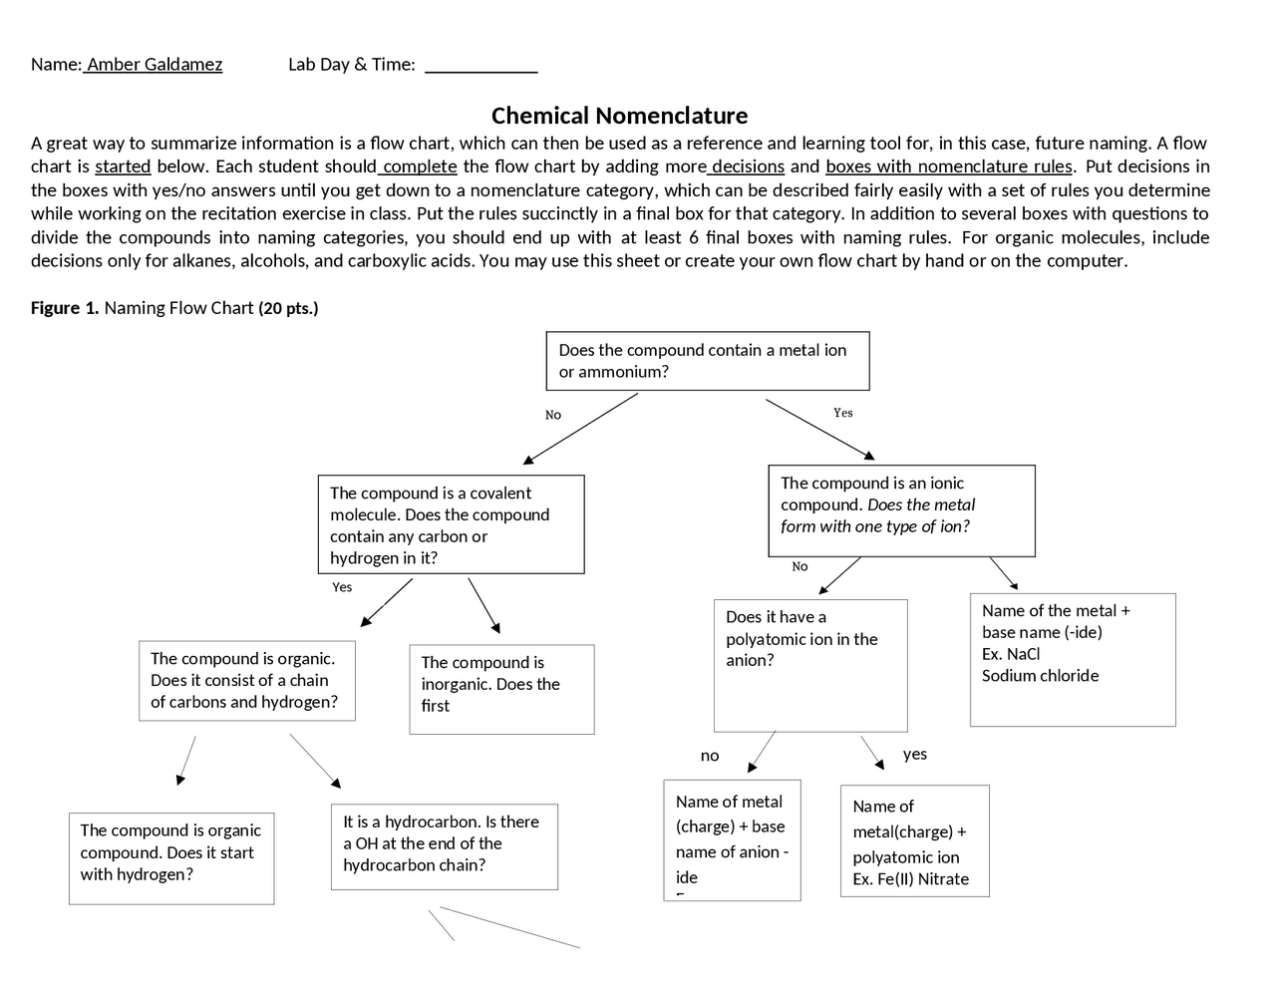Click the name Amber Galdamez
154,65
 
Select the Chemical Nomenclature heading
619,116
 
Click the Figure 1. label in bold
65,308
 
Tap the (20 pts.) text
288,308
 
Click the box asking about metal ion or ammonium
708,361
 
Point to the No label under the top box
553,415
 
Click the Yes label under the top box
843,413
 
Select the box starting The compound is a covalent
451,524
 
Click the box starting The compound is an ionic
901,510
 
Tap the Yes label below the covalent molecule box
342,587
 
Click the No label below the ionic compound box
799,566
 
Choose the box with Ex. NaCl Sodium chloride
1073,659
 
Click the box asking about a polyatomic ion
810,665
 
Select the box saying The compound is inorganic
501,689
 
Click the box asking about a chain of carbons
246,681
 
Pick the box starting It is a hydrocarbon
444,846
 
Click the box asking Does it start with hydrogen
171,858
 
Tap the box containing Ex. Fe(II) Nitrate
914,840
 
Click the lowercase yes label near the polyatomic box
915,754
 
